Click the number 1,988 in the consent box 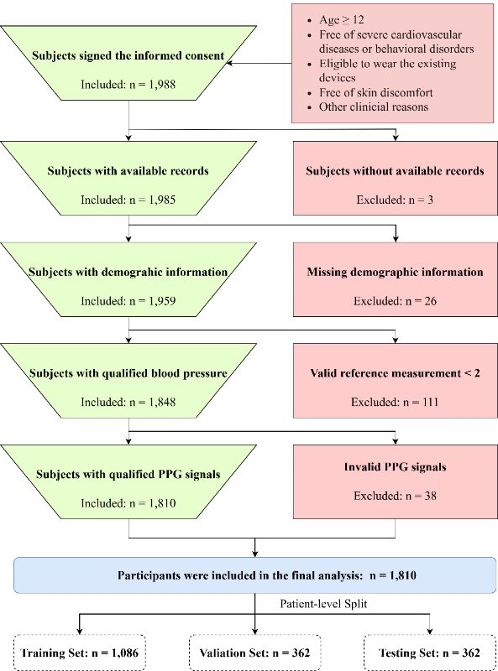coord(162,85)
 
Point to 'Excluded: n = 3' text coord(395,200)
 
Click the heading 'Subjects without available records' coord(395,171)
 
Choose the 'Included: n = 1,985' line coord(128,200)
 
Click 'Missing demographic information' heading coord(395,272)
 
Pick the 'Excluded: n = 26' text coord(395,301)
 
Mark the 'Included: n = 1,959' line coord(128,301)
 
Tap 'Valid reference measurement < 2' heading coord(395,373)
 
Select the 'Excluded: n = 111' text coord(395,403)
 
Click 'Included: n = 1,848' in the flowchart coord(128,403)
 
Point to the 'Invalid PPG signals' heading coord(395,467)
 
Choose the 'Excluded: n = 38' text coord(395,496)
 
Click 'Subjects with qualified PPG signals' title coord(128,474)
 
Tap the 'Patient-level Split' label coord(323,604)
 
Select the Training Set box coord(80,653)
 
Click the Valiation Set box coord(255,653)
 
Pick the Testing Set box coord(430,653)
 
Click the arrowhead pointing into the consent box coord(229,64)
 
